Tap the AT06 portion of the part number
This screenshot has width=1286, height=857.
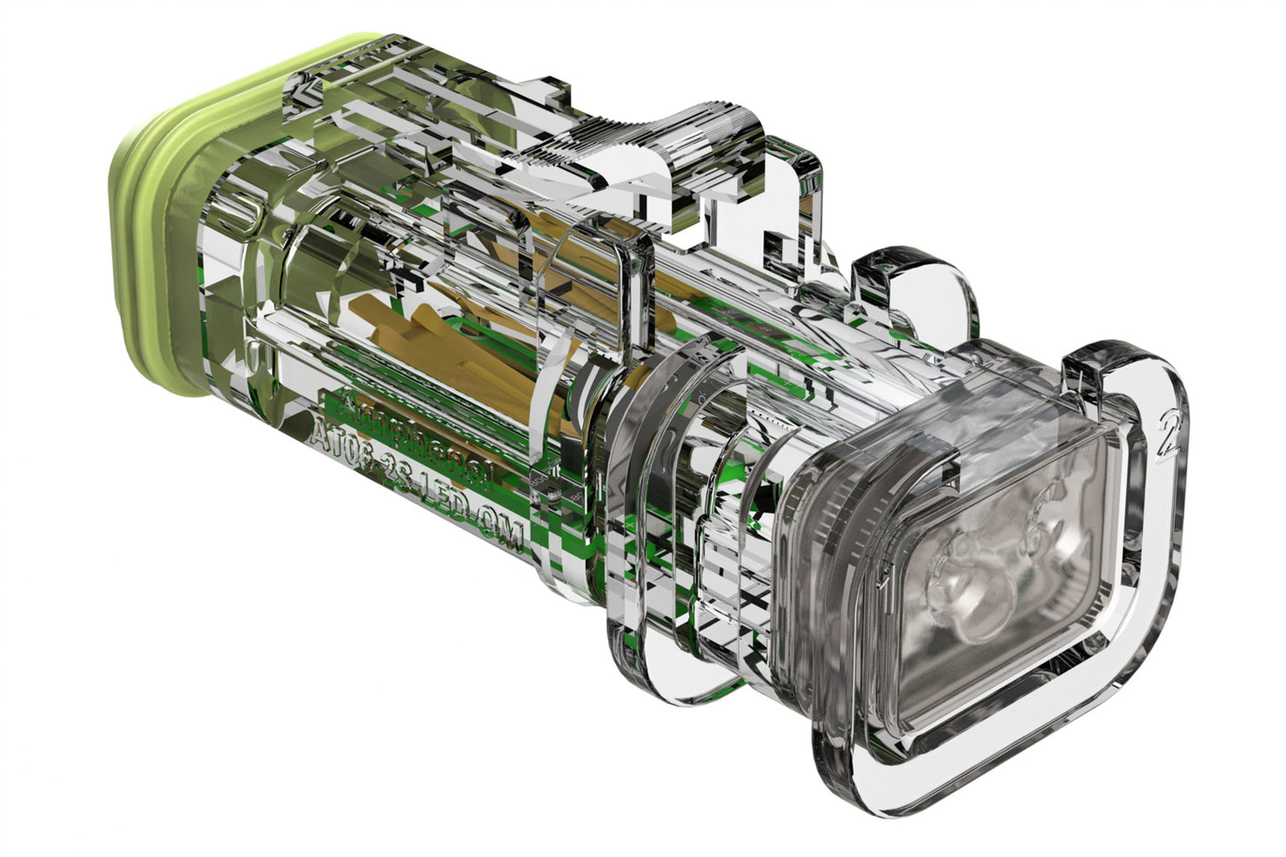coord(342,442)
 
